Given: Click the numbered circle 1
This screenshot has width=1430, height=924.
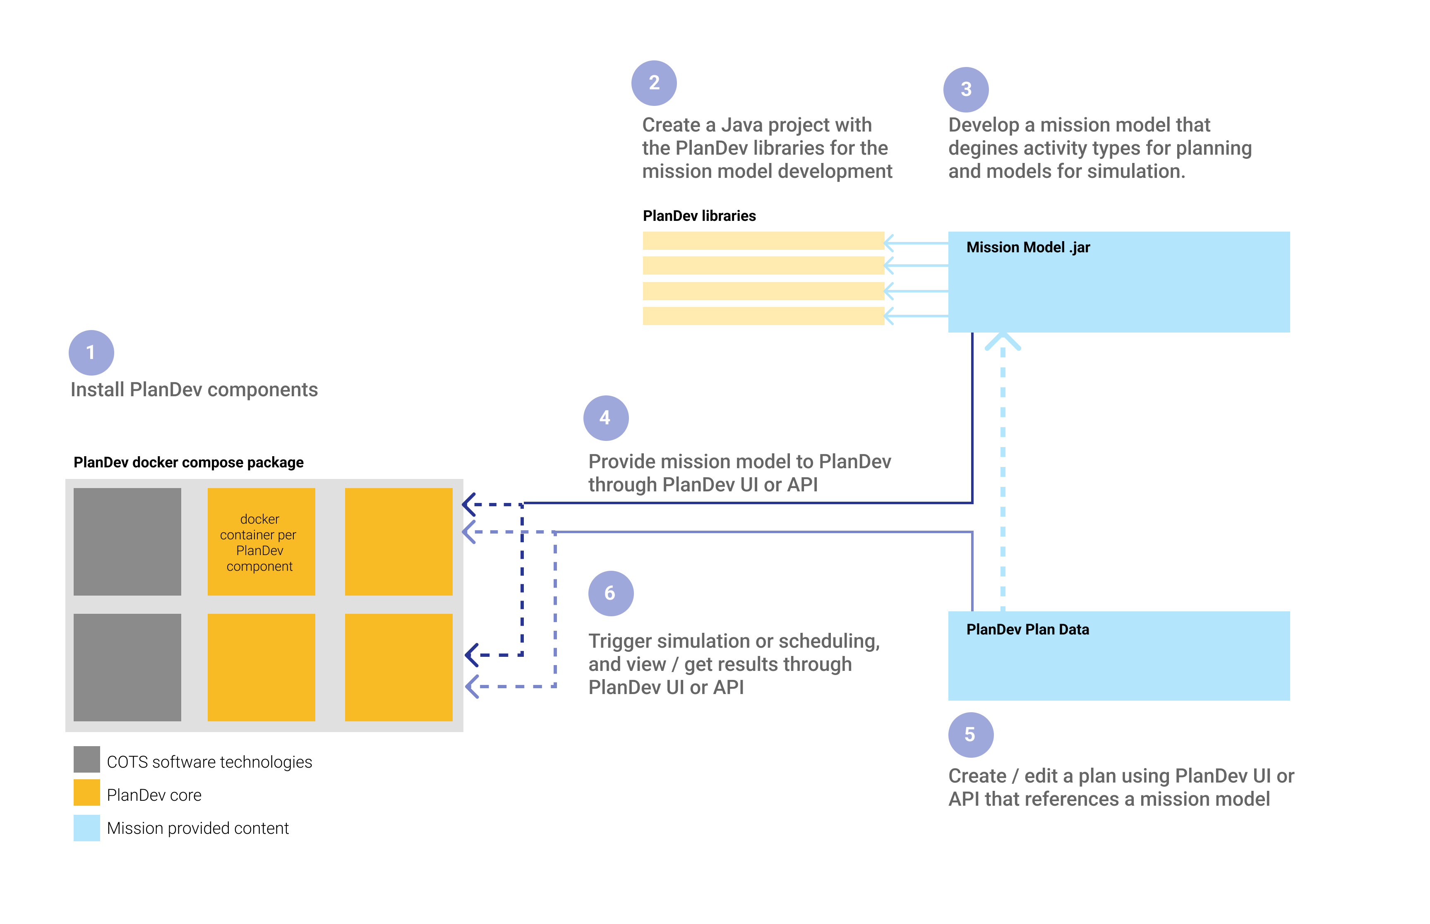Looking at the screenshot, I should [91, 352].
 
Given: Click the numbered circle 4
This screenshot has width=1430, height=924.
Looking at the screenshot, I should [605, 418].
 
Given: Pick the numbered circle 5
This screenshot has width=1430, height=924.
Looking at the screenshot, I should [970, 735].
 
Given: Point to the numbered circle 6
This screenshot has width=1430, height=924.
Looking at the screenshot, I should [610, 593].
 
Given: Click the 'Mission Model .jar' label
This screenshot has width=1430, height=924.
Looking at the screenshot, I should [1027, 247].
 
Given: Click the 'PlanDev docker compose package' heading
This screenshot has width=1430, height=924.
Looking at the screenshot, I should [188, 462].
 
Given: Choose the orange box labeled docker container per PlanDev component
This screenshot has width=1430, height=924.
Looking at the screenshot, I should [261, 542].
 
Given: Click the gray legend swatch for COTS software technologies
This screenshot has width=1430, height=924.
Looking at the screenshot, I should [86, 760].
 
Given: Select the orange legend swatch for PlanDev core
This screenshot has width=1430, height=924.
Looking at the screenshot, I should [86, 792].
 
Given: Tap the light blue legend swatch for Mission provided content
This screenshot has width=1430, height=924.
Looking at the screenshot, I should [86, 827].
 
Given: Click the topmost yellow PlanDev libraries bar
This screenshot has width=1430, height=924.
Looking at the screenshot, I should [763, 241].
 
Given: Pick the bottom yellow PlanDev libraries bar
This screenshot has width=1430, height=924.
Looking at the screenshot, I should [763, 316].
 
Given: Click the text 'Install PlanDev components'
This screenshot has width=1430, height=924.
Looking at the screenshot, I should [194, 390].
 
